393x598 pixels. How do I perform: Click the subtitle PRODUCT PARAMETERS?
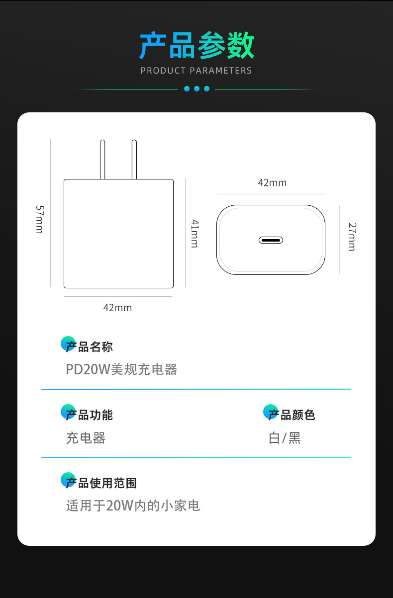196,71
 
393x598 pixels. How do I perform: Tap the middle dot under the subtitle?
196,89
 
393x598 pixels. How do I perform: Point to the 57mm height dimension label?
39,219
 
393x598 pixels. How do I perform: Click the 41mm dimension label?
194,233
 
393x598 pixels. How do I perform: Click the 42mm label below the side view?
117,308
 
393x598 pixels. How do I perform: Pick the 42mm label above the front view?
272,183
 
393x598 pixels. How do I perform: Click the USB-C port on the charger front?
271,240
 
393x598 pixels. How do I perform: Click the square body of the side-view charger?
118,234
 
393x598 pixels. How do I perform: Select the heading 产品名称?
90,347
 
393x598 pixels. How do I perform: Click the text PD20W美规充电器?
121,369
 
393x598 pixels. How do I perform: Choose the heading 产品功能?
90,415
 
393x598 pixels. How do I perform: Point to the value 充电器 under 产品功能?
86,438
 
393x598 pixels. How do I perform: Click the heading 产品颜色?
292,415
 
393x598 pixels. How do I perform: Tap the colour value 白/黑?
285,438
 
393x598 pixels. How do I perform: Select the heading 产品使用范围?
101,483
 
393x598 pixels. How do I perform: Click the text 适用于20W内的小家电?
133,506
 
